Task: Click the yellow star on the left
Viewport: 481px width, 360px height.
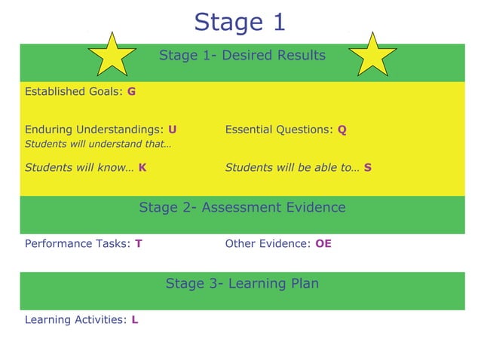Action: pos(112,55)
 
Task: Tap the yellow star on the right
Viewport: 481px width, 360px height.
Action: pos(372,55)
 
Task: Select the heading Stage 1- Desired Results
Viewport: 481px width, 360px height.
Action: pos(242,55)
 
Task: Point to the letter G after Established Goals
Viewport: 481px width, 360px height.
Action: pos(131,92)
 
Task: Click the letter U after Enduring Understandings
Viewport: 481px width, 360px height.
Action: pos(173,130)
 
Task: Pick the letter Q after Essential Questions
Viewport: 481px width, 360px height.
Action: pos(342,130)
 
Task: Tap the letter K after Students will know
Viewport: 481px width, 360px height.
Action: pos(142,168)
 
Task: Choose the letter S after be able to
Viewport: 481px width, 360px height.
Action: pos(367,168)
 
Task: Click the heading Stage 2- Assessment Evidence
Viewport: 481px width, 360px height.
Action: pos(242,207)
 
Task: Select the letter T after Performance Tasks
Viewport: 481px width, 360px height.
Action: pos(139,244)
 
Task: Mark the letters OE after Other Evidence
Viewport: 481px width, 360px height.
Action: pos(323,244)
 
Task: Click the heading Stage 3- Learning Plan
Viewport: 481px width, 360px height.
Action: pos(242,283)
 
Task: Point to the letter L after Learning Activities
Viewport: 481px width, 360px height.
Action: pos(134,320)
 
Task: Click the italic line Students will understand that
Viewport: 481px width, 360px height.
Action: pos(98,144)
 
